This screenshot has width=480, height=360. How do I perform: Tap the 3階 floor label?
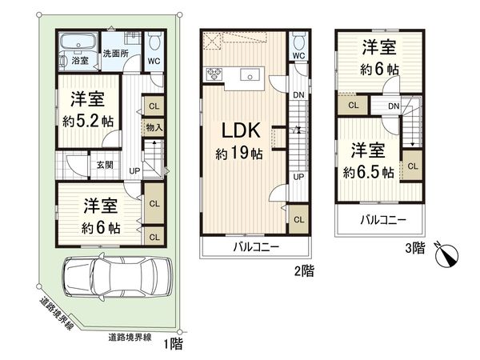click(x=416, y=248)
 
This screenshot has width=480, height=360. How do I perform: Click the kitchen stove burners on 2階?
click(x=214, y=74)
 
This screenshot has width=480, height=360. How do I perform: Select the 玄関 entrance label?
click(x=105, y=165)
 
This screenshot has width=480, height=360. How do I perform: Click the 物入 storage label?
click(x=154, y=127)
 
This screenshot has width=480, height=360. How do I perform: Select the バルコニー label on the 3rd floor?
click(x=382, y=219)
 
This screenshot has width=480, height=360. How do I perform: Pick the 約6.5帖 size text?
click(x=369, y=171)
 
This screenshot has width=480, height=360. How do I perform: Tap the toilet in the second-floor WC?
click(x=298, y=40)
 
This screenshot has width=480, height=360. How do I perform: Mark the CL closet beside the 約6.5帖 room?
click(x=412, y=166)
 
